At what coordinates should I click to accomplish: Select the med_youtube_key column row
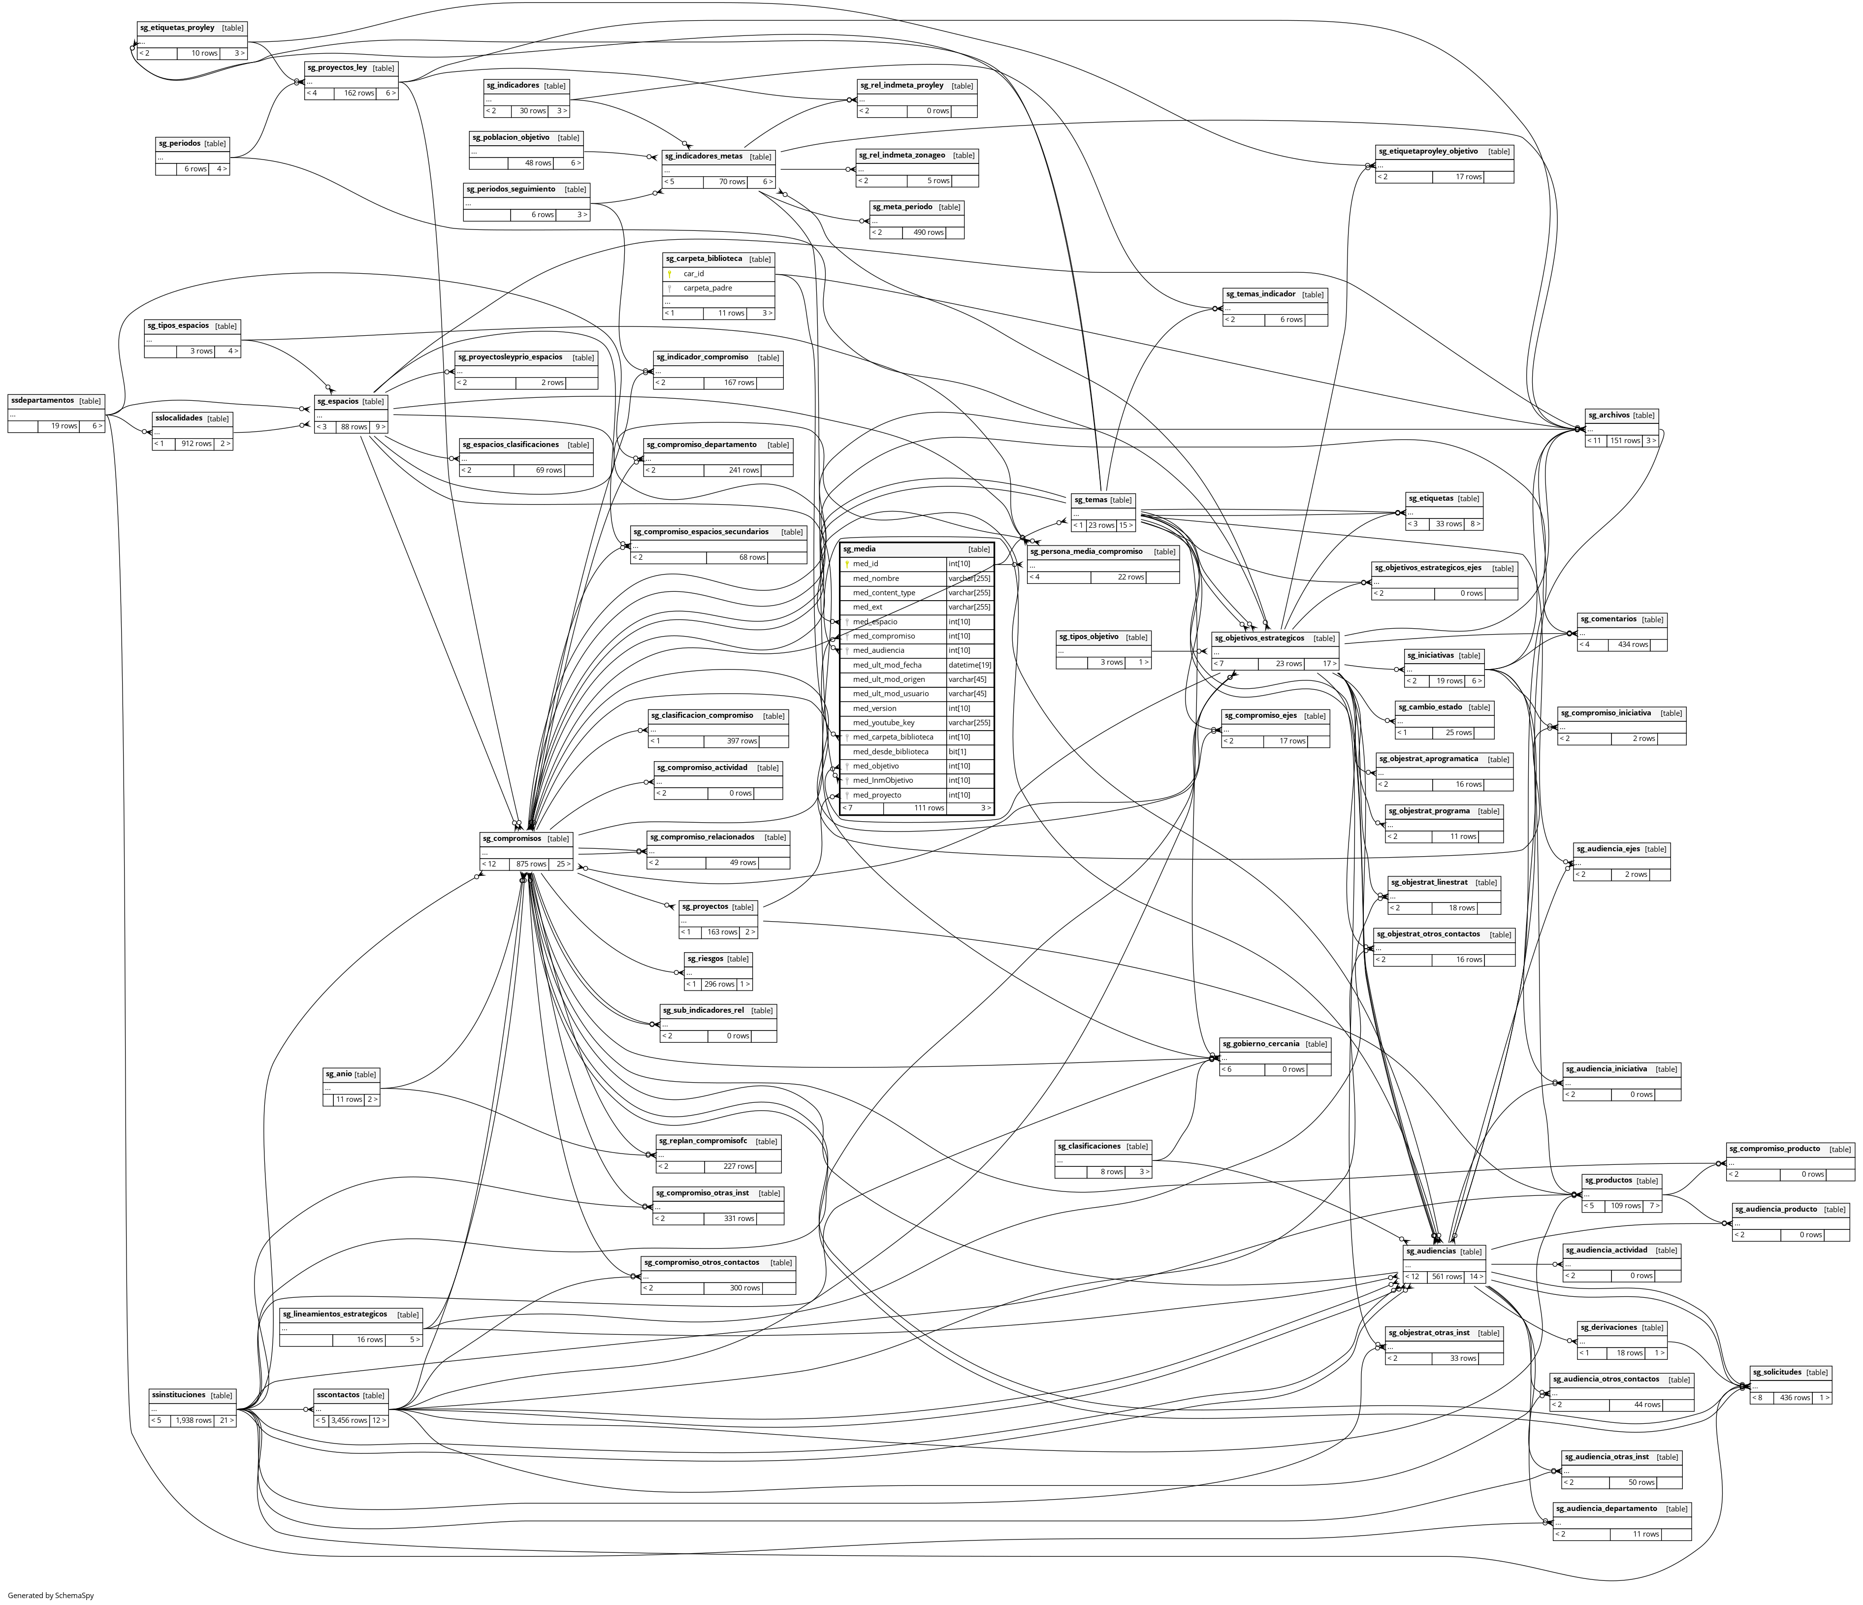coord(884,723)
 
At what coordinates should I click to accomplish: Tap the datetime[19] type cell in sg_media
coord(969,665)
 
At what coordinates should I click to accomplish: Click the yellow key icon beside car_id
coord(670,273)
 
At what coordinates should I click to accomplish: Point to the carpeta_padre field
coord(707,288)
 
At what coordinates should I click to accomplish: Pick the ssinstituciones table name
coord(179,1395)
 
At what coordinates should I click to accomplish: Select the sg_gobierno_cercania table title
coord(1260,1043)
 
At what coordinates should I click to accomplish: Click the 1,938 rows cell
coord(193,1421)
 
